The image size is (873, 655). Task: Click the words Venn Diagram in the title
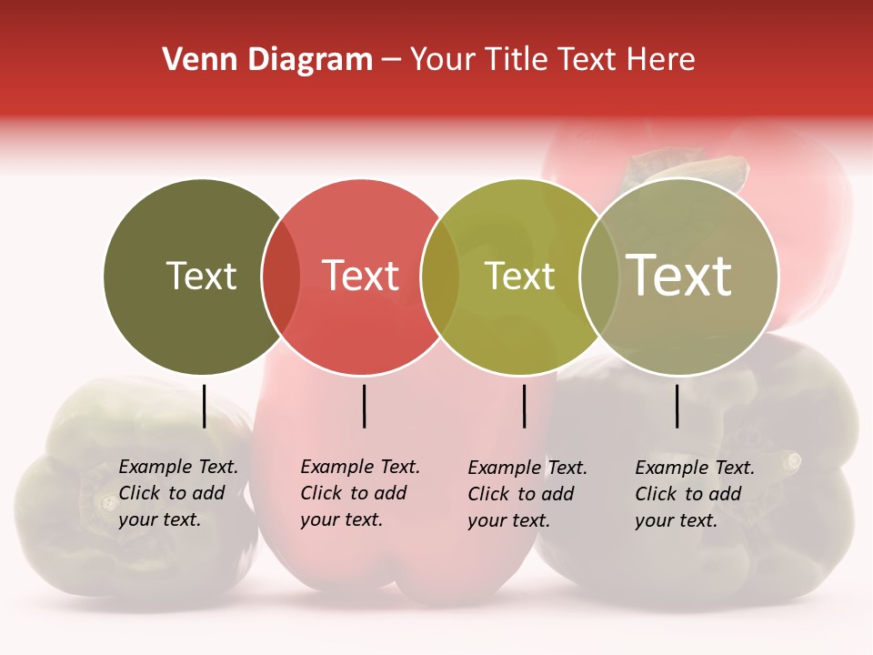(x=267, y=60)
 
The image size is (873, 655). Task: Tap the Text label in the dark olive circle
(x=201, y=276)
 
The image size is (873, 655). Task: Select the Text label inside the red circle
(x=361, y=276)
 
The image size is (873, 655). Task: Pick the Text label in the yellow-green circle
(x=519, y=276)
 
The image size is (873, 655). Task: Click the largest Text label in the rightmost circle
(x=679, y=275)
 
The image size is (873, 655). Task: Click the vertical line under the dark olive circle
(x=205, y=406)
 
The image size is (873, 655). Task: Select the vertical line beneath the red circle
(x=364, y=406)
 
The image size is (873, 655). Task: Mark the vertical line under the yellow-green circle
(x=524, y=406)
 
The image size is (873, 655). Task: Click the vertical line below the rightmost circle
(x=677, y=406)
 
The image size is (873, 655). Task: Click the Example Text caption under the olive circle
(x=178, y=493)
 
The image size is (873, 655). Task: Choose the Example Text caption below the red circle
(x=360, y=493)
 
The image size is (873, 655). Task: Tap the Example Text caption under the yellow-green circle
(x=527, y=494)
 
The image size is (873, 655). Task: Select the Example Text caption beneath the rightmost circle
(x=695, y=494)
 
